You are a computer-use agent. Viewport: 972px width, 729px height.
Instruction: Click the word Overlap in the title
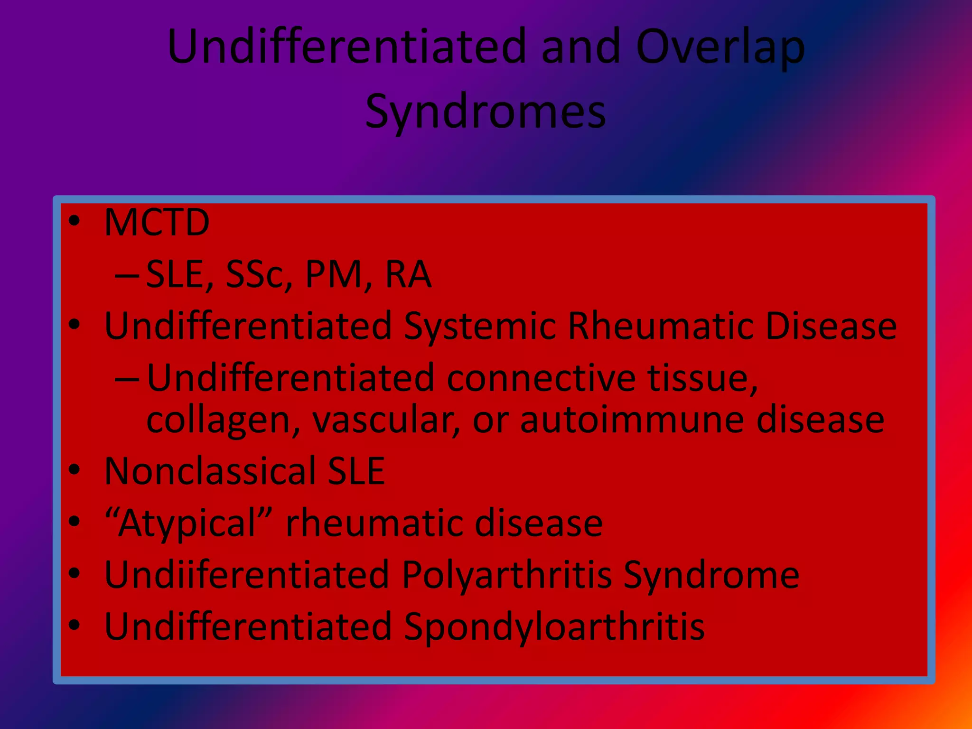(720, 47)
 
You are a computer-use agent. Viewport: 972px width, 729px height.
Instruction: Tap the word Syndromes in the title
(486, 112)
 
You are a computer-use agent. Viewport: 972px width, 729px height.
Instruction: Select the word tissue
(702, 378)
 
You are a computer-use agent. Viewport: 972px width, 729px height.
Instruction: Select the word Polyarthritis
(507, 575)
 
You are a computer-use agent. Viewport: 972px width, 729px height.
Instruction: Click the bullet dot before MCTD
(75, 221)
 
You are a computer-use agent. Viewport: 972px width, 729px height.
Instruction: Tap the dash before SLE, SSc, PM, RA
(127, 275)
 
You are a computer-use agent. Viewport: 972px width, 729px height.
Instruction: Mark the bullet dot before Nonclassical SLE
(75, 470)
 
